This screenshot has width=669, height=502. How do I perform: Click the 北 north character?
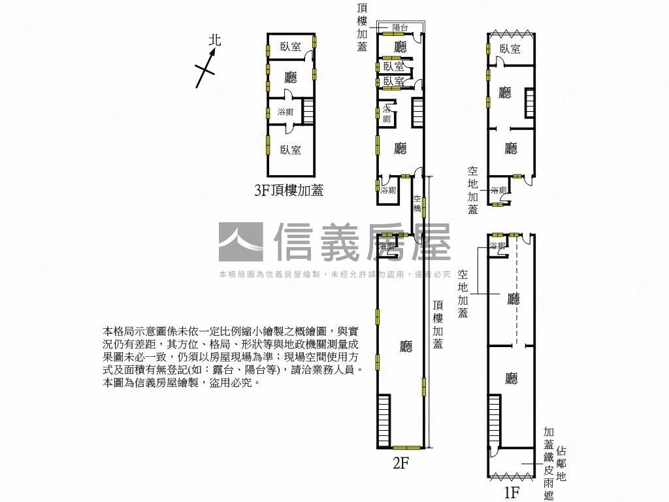[215, 41]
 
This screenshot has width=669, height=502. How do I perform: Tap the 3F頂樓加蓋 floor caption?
[288, 190]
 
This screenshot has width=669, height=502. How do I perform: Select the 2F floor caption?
[400, 463]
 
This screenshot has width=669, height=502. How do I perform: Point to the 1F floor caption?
[512, 492]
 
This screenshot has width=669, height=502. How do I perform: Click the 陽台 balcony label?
[400, 28]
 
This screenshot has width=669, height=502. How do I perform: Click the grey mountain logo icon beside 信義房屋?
[240, 243]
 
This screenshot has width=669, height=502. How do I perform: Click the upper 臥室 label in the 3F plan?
[291, 46]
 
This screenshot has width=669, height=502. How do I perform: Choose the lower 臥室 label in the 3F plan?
[291, 150]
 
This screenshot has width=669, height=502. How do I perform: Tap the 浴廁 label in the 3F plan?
[285, 112]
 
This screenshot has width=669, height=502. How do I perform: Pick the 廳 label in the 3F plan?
[291, 78]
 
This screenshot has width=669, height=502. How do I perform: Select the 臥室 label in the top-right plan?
[510, 49]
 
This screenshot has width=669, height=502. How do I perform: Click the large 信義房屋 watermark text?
[363, 243]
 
